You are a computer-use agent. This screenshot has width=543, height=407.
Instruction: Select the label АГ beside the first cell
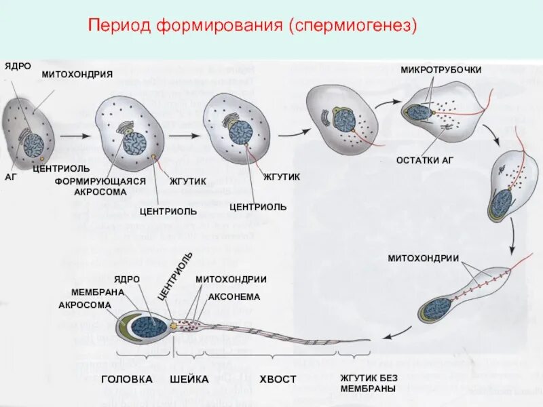(x=10, y=176)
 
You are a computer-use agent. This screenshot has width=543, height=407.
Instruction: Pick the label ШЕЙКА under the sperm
(x=189, y=379)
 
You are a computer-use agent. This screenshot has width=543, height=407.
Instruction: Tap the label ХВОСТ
(x=278, y=379)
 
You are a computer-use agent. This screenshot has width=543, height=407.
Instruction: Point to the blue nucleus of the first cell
(x=33, y=145)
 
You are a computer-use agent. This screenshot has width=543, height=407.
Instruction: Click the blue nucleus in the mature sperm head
(x=149, y=327)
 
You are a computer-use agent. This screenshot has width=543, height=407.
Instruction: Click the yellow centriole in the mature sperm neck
(x=173, y=326)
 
